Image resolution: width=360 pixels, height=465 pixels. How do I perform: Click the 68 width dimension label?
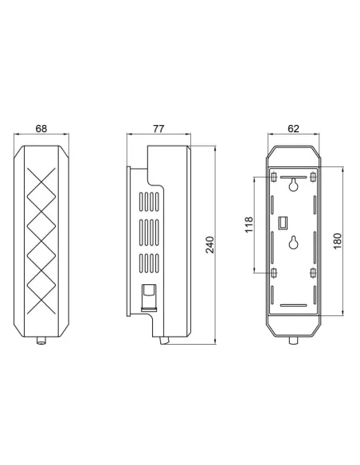[x=41, y=128]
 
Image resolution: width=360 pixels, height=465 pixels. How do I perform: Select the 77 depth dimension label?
[x=158, y=128]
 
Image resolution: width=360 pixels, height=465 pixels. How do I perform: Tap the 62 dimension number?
[x=294, y=128]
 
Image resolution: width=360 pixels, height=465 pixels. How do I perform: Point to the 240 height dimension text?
[x=210, y=245]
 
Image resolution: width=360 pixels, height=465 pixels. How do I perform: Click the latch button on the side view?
[x=147, y=296]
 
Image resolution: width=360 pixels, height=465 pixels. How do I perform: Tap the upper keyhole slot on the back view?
[x=294, y=185]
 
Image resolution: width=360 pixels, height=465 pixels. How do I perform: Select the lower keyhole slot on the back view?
[x=294, y=243]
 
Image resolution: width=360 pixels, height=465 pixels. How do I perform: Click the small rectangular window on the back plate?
[x=282, y=220]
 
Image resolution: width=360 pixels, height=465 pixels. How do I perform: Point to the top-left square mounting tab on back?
[x=275, y=175]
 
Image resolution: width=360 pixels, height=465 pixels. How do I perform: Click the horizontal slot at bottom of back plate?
[x=294, y=305]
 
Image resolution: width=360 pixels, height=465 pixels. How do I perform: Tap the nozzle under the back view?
[x=294, y=342]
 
